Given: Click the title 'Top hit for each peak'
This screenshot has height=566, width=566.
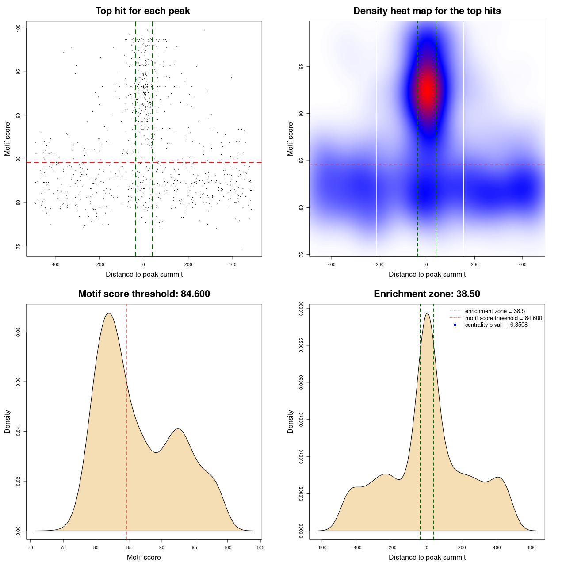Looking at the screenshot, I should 143,11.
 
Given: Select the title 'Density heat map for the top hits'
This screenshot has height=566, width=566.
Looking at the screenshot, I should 427,11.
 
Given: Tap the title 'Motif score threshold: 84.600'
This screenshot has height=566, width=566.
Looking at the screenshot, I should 144,294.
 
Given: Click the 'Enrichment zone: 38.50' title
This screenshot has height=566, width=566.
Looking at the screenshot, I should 427,294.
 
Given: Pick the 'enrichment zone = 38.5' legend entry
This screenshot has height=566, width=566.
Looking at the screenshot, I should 495,311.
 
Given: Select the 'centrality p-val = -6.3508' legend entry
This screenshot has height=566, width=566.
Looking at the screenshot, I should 496,325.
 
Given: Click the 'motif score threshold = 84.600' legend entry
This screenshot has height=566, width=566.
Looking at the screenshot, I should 503,318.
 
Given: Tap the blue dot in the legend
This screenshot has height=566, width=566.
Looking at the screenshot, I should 455,325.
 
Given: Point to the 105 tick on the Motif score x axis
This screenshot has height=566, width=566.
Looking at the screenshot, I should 260,547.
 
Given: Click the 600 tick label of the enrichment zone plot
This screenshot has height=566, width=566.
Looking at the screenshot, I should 532,547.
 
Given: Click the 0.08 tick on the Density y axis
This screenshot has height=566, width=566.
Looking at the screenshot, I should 18,332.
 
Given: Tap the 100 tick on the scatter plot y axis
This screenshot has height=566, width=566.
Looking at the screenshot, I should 18,28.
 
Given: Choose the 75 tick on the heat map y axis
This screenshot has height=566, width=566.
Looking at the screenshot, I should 301,255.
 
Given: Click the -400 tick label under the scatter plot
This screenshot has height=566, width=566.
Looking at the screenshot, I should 55,264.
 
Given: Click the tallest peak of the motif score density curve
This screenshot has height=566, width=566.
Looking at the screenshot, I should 109,313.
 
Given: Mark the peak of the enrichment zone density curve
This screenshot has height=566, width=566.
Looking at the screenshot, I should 427,313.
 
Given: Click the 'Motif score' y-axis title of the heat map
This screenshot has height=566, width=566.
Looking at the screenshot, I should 291,139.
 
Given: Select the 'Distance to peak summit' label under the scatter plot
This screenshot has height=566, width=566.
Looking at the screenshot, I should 144,274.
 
